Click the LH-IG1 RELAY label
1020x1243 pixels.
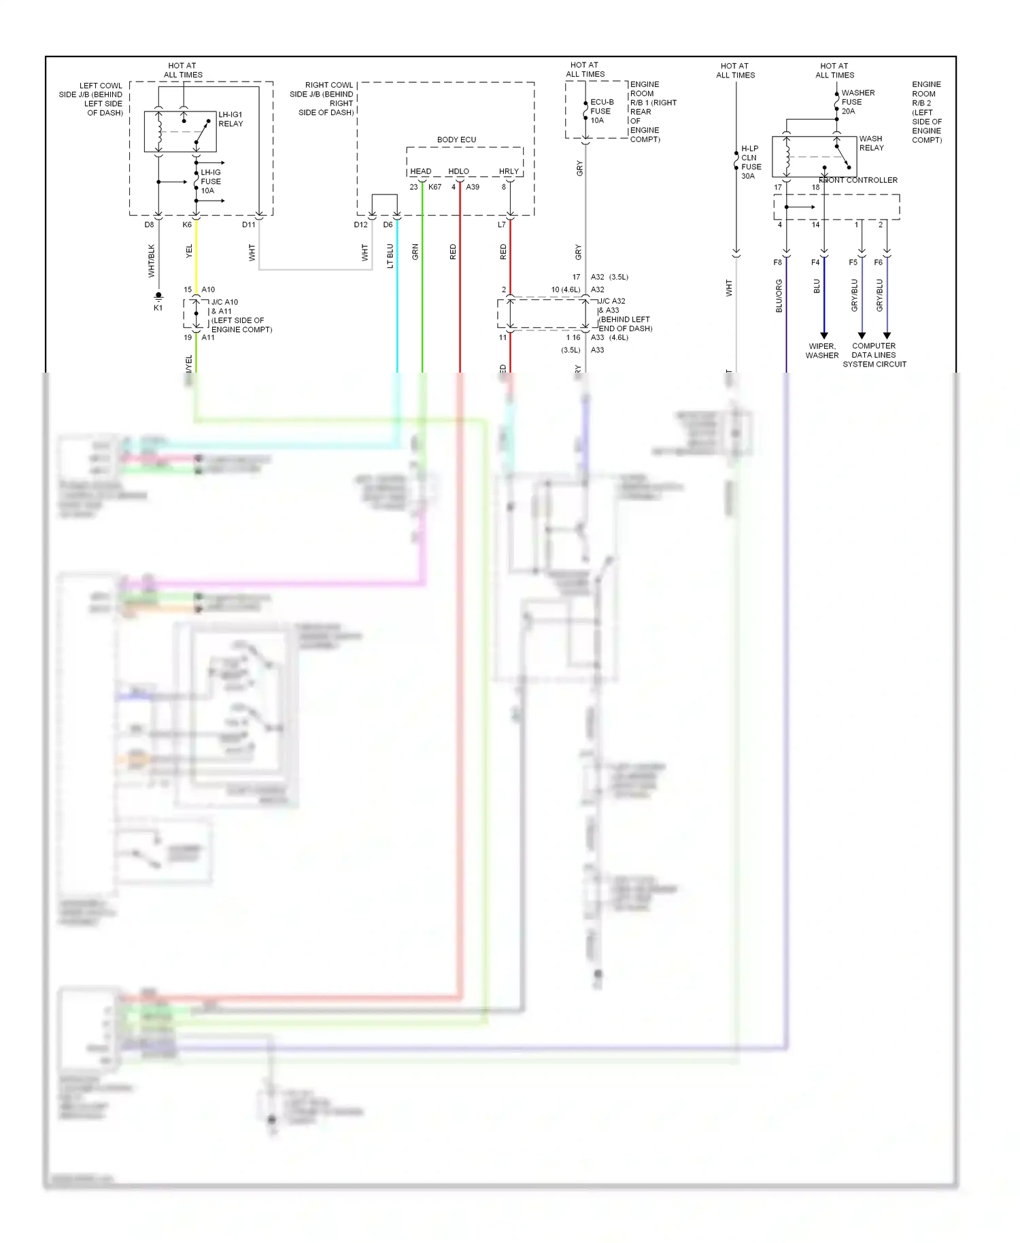click(x=231, y=119)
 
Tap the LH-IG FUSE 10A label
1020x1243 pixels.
click(x=211, y=182)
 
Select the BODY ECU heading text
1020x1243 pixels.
click(x=456, y=139)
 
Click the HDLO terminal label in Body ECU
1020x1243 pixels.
click(x=458, y=171)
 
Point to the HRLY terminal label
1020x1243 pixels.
click(x=509, y=171)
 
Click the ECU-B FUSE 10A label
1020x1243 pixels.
click(x=601, y=111)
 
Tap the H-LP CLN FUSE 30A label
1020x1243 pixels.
click(x=751, y=162)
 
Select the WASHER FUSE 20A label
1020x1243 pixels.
click(x=857, y=102)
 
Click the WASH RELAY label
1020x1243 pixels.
click(x=871, y=143)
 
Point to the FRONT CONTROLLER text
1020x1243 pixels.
click(x=859, y=180)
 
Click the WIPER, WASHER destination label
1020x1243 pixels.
click(x=822, y=351)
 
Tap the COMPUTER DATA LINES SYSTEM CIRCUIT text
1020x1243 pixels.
click(x=874, y=355)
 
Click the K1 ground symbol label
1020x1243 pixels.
click(x=158, y=308)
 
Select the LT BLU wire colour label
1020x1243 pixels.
click(x=390, y=256)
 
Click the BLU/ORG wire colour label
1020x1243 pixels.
click(x=779, y=296)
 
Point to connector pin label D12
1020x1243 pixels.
click(x=360, y=224)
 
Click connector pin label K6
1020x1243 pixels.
click(x=187, y=224)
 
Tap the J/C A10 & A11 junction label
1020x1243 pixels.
click(x=241, y=316)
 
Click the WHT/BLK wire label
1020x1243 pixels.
click(x=151, y=260)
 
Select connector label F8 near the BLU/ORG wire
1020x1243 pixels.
click(x=777, y=262)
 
